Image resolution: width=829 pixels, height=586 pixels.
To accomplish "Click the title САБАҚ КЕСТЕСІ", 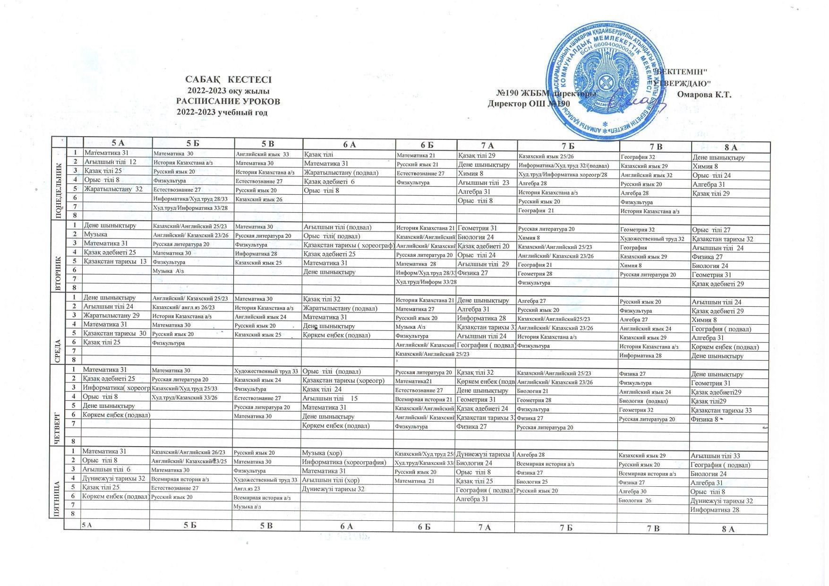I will click(x=228, y=79).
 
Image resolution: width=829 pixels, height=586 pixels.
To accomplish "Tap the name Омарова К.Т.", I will click(x=704, y=94).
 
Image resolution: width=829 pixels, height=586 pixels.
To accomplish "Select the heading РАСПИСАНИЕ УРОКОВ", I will click(x=228, y=101).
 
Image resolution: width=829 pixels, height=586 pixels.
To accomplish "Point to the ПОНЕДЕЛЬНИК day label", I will click(x=59, y=183).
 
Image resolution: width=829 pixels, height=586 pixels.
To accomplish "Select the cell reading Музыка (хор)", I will click(x=322, y=453).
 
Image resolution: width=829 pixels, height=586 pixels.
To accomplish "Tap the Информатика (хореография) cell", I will click(x=344, y=462).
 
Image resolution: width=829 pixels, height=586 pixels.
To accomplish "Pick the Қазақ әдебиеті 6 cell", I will click(x=329, y=181).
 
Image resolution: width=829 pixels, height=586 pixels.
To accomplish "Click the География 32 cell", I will click(x=638, y=157).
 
